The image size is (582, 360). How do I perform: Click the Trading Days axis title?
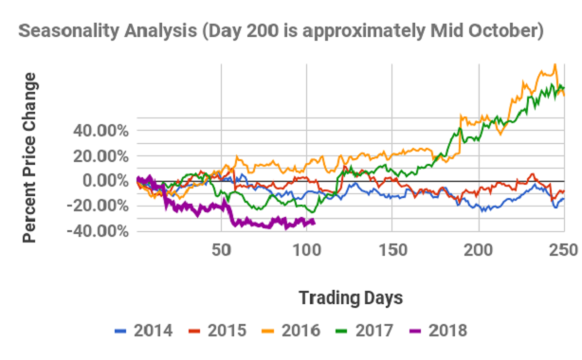click(x=350, y=297)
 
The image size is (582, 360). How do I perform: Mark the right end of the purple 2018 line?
click(x=315, y=222)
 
